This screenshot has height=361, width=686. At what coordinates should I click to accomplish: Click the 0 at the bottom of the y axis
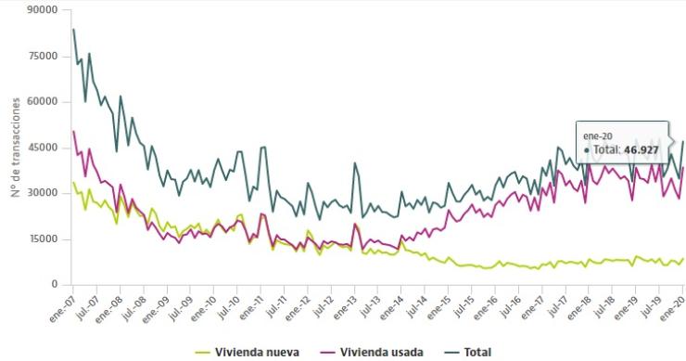point(55,285)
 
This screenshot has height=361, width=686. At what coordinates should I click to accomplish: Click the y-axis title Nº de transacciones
point(16,148)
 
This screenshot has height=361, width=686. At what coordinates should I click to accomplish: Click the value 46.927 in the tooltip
point(642,149)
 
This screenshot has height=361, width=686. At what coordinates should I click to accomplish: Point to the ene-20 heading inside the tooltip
point(598,135)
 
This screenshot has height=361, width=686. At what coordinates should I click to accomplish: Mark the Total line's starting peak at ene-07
point(74,30)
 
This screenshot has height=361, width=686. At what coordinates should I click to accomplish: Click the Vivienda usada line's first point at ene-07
point(74,132)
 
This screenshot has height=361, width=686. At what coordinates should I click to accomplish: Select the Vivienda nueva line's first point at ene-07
point(74,183)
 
